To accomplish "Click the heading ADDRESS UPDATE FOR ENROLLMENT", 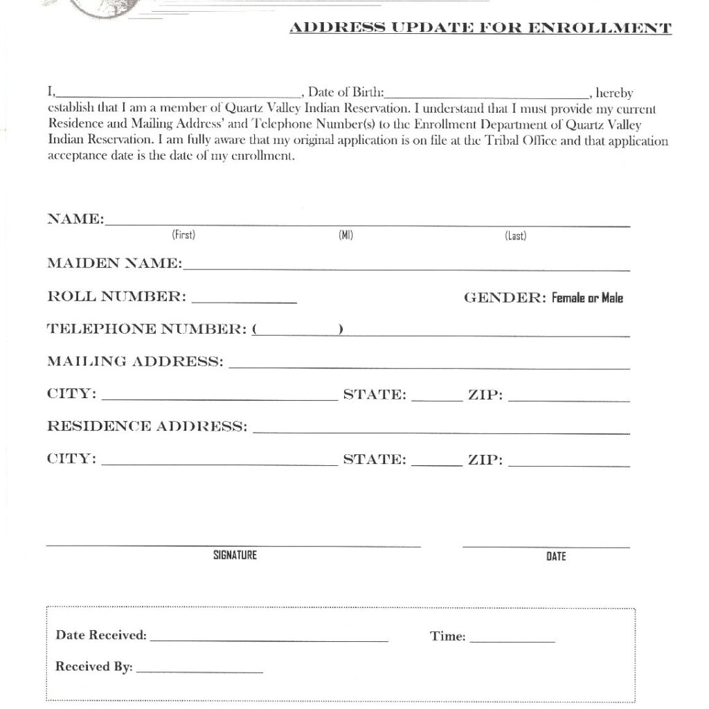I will [480, 28].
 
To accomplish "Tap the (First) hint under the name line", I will [183, 235].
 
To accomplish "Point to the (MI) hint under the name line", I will [345, 235].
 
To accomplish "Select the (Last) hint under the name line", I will [515, 235].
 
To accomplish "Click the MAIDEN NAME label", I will [114, 263].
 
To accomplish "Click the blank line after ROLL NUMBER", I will [244, 300].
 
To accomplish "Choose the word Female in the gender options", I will [568, 298].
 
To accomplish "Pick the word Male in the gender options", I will [612, 298].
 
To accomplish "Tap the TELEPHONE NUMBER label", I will [147, 329].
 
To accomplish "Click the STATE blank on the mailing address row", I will [436, 398].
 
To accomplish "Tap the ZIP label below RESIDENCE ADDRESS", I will [485, 460].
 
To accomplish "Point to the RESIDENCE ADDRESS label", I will [147, 426].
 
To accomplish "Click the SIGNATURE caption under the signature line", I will [235, 555].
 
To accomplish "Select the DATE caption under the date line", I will [556, 556].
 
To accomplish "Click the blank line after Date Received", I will [269, 639].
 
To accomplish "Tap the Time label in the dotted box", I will [447, 636].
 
